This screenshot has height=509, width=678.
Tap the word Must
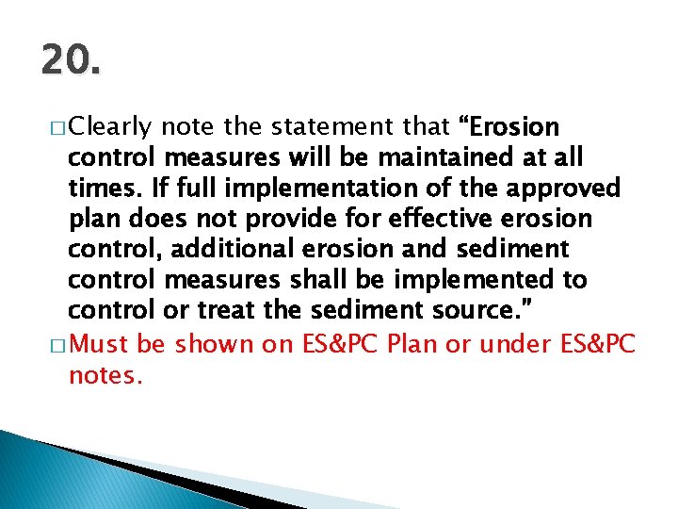click(x=101, y=345)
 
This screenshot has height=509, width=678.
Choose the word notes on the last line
click(x=105, y=376)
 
